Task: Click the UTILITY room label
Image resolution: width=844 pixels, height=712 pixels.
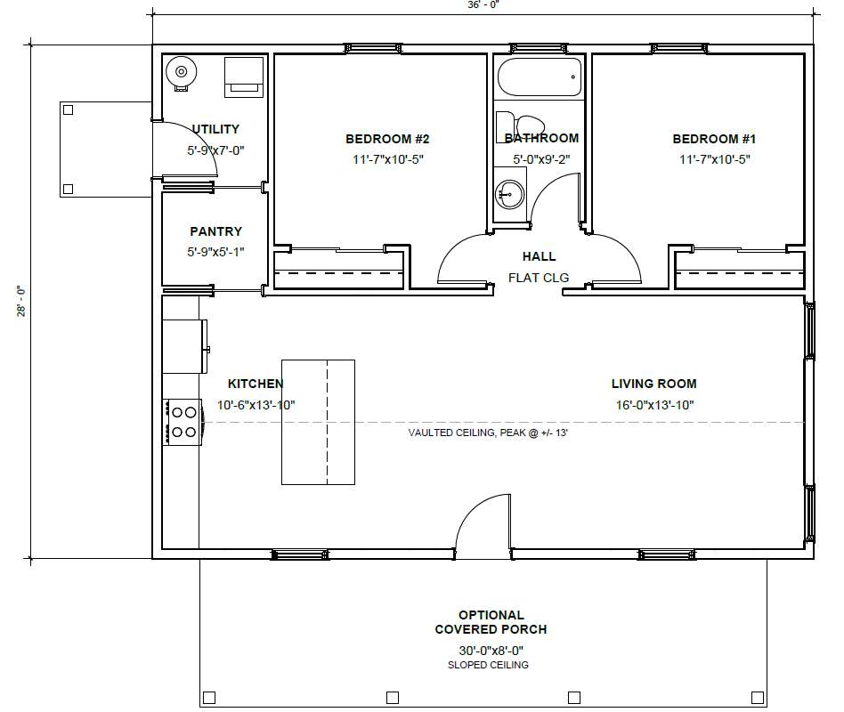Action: coord(215,129)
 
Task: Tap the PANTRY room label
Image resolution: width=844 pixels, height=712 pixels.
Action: coord(215,231)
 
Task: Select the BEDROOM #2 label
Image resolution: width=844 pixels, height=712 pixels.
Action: coord(387,139)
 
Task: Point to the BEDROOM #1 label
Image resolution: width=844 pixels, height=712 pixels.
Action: coord(714,139)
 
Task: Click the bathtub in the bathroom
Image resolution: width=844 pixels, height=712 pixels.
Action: coord(540,77)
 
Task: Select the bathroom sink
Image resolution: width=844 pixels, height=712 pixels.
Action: coord(508,194)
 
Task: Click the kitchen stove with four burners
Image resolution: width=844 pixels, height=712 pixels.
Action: coord(183,422)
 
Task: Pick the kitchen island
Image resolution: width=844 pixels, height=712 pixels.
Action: coord(318,422)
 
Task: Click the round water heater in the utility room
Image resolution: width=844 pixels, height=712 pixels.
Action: coord(182,71)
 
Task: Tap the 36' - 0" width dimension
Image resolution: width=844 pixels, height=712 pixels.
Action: coord(483,4)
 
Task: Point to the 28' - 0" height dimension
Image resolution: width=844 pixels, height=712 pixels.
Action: coord(21,301)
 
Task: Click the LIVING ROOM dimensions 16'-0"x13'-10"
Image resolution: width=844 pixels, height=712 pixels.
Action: coord(654,405)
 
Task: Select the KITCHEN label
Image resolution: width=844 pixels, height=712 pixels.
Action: coord(256,384)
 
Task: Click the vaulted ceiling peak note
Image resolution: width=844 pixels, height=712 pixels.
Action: coord(488,433)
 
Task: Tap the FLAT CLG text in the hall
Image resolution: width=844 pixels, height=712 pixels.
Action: coord(539,278)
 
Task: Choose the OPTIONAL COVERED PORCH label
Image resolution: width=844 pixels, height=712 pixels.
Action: coord(491,622)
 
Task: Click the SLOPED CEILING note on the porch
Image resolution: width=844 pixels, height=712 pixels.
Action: coord(488,665)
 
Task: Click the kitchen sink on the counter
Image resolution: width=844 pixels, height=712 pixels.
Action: coord(184,346)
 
